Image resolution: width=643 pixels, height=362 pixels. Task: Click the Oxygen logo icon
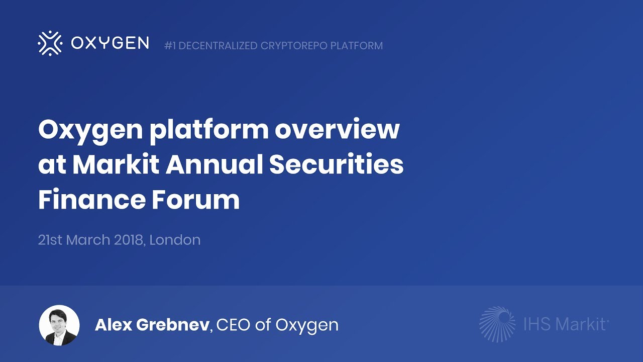(x=50, y=43)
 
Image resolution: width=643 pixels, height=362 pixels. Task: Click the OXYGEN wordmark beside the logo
(x=110, y=43)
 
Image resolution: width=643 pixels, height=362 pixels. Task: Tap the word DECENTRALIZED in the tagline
(x=218, y=46)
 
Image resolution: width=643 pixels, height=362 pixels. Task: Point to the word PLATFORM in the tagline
(x=358, y=46)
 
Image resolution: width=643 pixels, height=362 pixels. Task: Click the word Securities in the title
(x=336, y=165)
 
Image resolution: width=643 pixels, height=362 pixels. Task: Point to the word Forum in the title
(x=193, y=200)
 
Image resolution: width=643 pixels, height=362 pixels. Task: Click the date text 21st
(x=50, y=240)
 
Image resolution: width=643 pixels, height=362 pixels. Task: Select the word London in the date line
(x=175, y=240)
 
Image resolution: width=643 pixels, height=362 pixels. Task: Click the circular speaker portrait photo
(x=59, y=325)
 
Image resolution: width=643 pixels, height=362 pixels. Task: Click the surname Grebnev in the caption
(x=175, y=325)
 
